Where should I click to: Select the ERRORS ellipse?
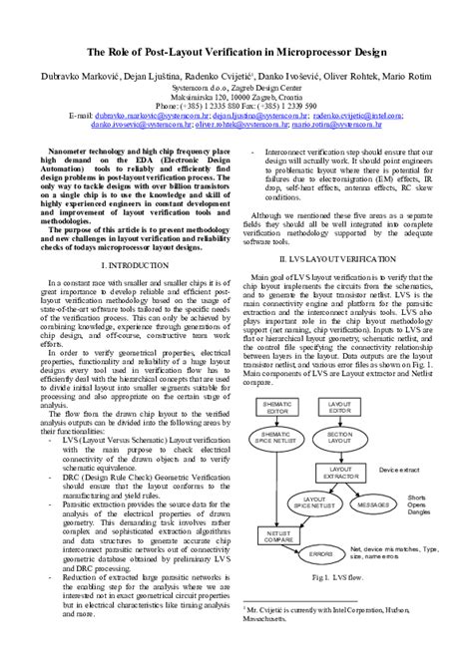point(320,552)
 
